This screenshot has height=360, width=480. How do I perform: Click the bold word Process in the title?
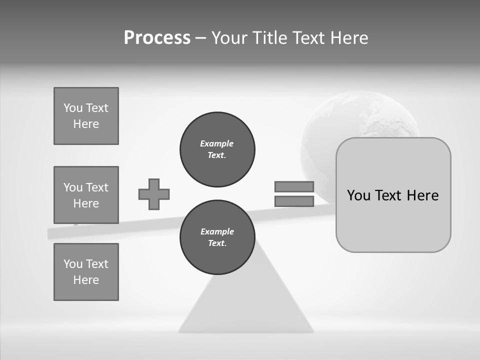[157, 37]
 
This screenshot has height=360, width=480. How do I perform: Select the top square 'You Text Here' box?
[86, 116]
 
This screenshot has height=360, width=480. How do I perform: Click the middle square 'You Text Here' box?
[86, 195]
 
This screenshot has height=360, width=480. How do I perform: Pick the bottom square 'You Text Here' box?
[86, 271]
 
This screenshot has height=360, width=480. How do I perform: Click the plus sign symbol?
[154, 194]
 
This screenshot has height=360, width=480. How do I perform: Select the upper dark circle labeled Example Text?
[217, 149]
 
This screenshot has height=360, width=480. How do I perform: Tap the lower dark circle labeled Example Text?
[217, 237]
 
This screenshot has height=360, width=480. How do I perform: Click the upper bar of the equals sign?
[294, 186]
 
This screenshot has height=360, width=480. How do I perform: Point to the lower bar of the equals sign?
[294, 201]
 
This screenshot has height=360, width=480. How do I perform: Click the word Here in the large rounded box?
[422, 195]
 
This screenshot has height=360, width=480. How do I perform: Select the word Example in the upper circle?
[217, 143]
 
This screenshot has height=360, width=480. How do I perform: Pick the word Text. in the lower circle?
[217, 243]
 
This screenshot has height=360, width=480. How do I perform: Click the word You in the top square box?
[73, 108]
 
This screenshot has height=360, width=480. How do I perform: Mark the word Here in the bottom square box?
[86, 280]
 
